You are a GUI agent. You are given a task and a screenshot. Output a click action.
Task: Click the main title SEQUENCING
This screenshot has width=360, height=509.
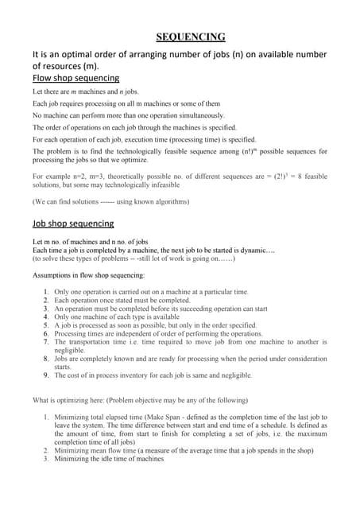click(191, 36)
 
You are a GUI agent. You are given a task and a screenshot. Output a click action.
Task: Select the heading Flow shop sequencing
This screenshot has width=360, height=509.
click(75, 78)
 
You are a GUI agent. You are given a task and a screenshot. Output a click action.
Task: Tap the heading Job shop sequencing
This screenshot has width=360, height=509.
click(73, 223)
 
